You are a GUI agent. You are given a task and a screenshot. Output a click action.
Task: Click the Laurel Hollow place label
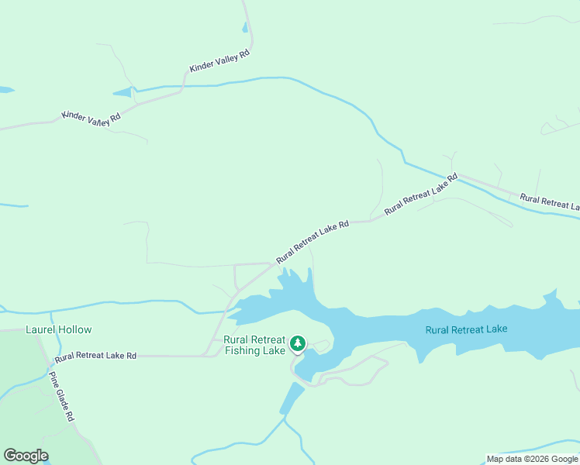59,329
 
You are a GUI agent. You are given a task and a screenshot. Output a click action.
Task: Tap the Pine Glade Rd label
61,397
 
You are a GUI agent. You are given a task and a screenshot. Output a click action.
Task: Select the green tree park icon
297,343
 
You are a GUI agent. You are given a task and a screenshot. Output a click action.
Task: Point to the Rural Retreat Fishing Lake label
254,345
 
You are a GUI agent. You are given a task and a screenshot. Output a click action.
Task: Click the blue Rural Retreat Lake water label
466,329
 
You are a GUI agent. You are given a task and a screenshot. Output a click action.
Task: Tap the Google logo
26,456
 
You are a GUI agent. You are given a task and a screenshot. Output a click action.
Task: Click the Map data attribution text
532,459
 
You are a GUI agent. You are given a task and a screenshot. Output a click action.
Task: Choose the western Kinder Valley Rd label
91,118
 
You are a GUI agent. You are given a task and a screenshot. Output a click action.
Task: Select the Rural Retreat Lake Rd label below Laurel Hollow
95,356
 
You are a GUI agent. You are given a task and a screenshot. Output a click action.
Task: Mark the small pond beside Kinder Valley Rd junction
123,93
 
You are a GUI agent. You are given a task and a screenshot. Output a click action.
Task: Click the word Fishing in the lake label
244,350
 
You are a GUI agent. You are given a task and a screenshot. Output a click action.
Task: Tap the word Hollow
74,329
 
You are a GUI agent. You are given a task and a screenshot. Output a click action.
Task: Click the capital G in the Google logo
10,456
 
